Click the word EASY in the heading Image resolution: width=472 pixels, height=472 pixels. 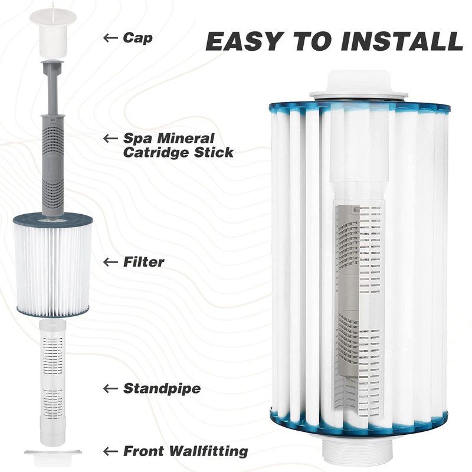(x=244, y=41)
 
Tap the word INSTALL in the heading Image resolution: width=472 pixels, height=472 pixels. (x=402, y=41)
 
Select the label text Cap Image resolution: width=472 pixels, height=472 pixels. (x=137, y=38)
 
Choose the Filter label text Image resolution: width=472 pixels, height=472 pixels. (x=143, y=262)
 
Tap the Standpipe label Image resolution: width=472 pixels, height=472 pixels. (x=162, y=388)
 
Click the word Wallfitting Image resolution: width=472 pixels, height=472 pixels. (x=208, y=451)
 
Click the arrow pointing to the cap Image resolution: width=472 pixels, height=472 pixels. (x=110, y=38)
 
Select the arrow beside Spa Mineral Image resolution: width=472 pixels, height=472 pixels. (x=110, y=139)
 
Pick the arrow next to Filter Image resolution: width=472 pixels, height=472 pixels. (x=110, y=262)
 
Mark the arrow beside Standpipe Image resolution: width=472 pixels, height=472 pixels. (x=110, y=388)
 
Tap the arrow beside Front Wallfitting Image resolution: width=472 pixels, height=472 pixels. (x=110, y=451)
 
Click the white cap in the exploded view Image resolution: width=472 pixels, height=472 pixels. (x=53, y=32)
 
